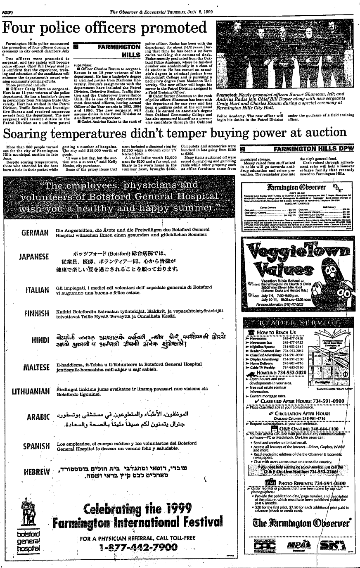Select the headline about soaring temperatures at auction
pyautogui.click(x=174, y=133)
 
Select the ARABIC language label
pyautogui.click(x=38, y=417)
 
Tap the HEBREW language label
pyautogui.click(x=37, y=471)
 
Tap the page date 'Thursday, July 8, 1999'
pyautogui.click(x=212, y=4)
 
